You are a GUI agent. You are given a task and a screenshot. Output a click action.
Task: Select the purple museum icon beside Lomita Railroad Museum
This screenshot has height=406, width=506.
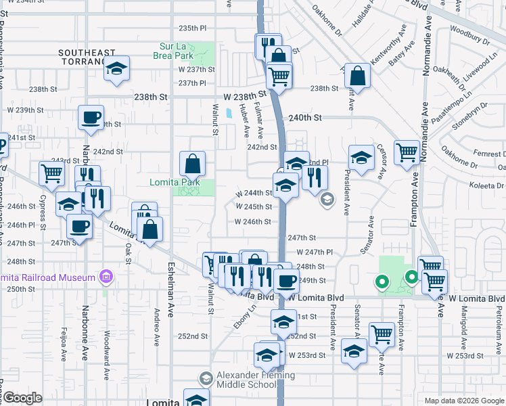pyautogui.click(x=105, y=277)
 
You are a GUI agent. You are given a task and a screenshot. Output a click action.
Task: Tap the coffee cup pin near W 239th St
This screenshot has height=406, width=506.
pyautogui.click(x=91, y=119)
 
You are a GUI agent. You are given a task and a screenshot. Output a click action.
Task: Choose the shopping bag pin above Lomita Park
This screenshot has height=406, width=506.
pyautogui.click(x=193, y=163)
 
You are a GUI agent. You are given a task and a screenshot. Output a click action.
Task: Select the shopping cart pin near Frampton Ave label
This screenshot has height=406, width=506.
pyautogui.click(x=407, y=153)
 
